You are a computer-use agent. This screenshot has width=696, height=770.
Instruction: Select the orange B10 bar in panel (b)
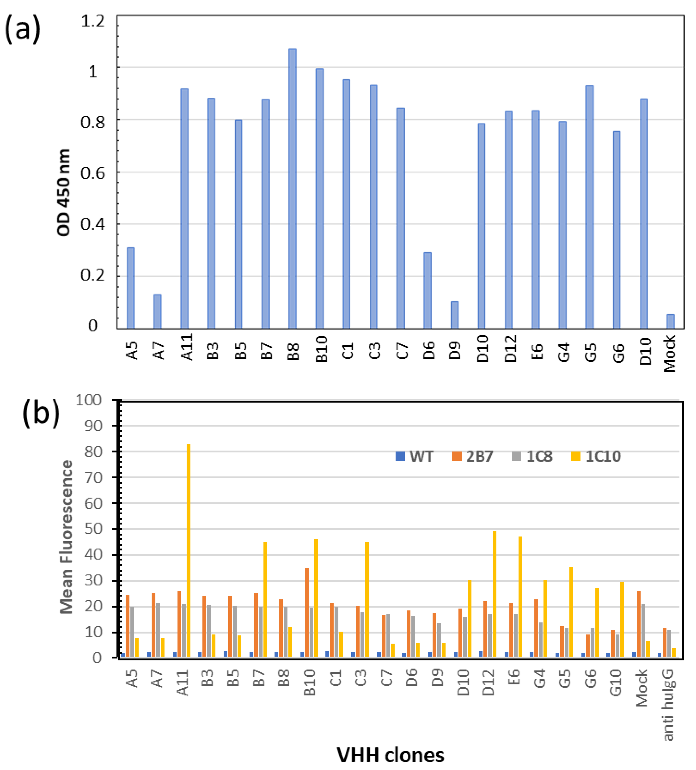pos(307,612)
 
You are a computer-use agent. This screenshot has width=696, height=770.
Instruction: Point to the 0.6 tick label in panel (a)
pos(93,173)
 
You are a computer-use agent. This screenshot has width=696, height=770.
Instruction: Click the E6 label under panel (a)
pos(537,351)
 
